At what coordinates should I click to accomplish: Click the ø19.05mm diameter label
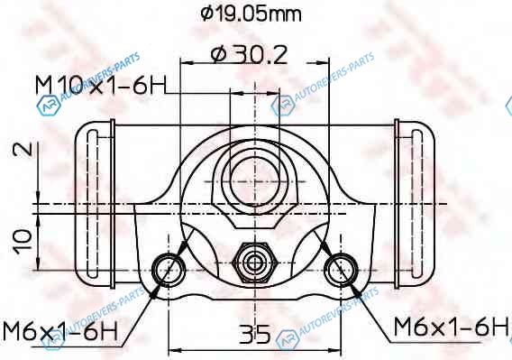(x=251, y=14)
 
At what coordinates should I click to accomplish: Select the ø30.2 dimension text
(x=249, y=54)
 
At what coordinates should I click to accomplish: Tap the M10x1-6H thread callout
(x=101, y=85)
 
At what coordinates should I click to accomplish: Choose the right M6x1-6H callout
(x=451, y=327)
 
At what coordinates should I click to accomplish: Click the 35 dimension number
(x=255, y=334)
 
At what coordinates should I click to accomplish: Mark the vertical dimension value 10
(x=23, y=241)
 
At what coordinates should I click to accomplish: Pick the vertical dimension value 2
(x=23, y=149)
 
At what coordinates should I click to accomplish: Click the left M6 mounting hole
(x=169, y=270)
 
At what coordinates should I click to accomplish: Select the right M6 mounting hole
(x=341, y=270)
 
